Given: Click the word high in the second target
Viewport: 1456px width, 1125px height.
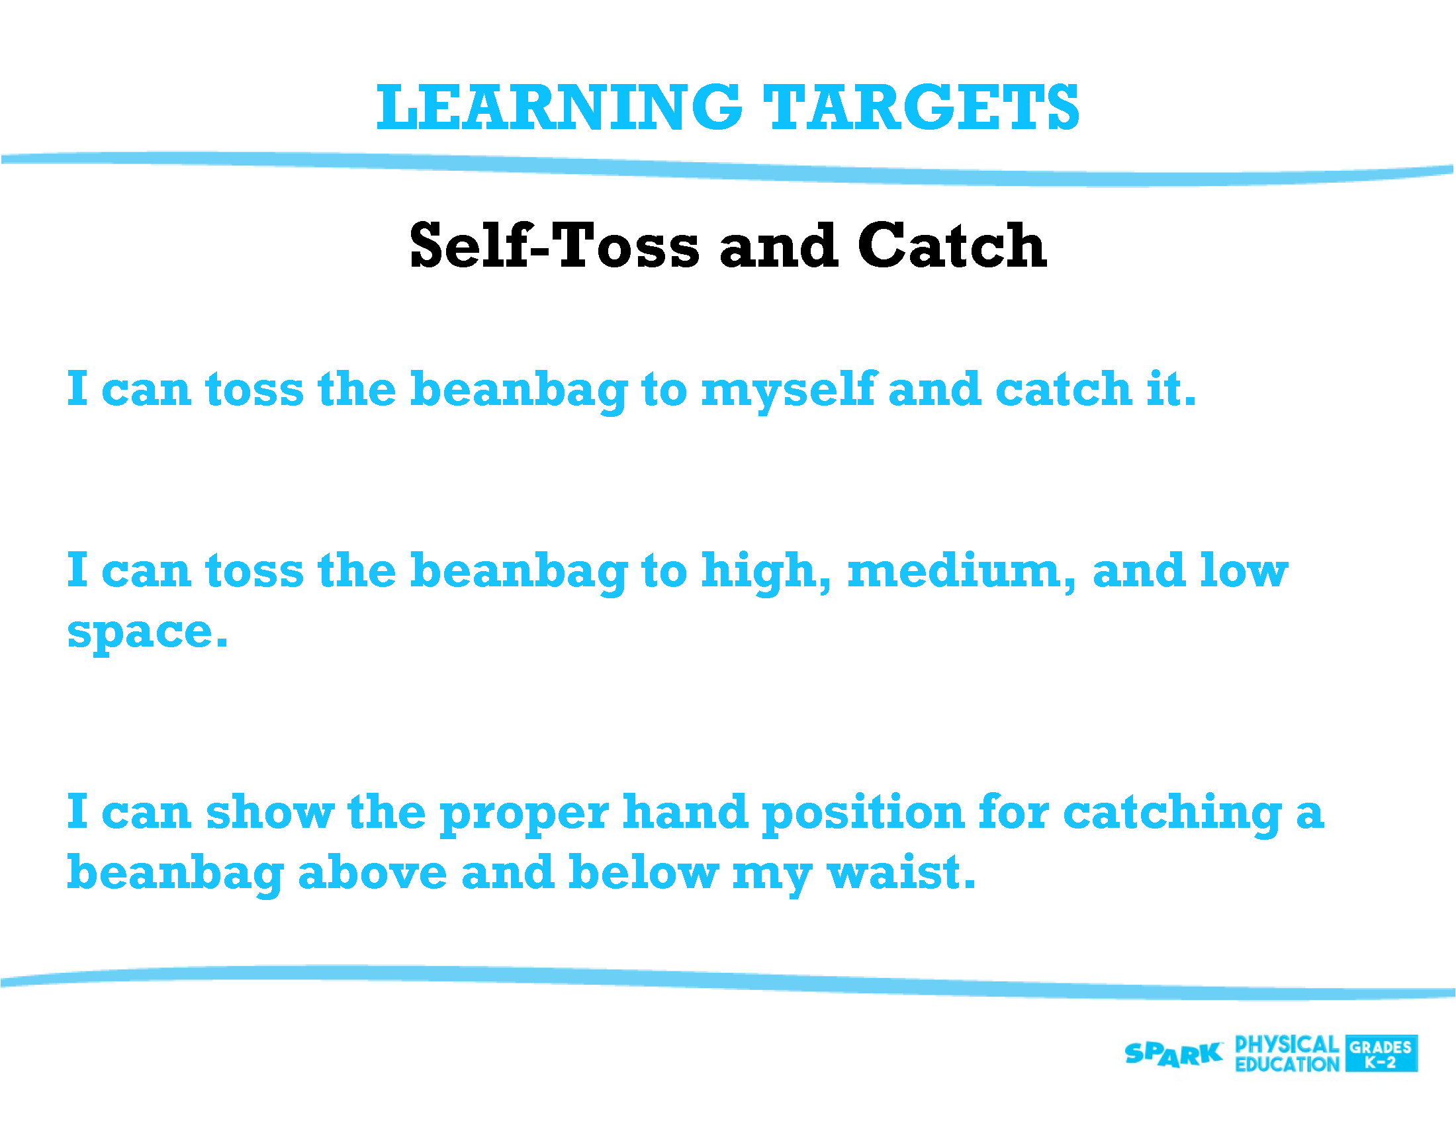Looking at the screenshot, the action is [x=766, y=572].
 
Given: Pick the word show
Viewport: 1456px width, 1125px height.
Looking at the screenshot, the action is [x=270, y=813].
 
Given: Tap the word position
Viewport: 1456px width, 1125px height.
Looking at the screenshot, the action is [x=863, y=814].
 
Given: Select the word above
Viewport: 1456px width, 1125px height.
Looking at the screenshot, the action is [x=372, y=873].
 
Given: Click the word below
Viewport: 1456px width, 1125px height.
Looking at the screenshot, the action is [x=643, y=873].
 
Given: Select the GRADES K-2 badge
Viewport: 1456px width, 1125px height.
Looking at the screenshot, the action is [x=1381, y=1054].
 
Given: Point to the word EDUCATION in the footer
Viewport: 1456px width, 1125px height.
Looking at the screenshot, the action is [x=1287, y=1064].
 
